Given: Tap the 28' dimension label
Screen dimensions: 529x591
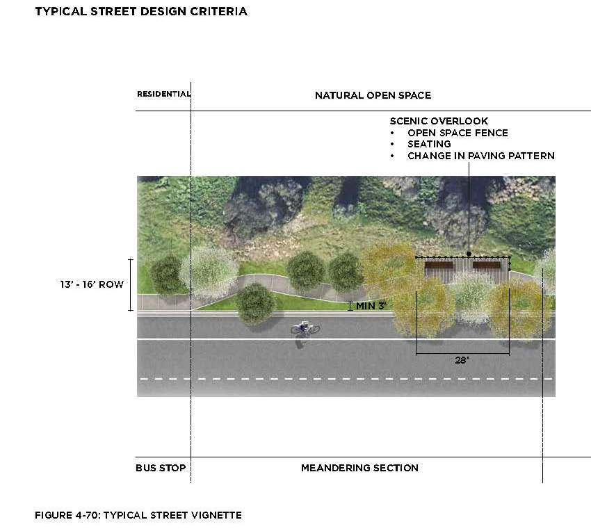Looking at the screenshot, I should (x=462, y=361).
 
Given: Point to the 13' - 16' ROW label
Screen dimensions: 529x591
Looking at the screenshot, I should (x=91, y=284).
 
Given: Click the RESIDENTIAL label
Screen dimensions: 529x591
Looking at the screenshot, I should (x=163, y=94).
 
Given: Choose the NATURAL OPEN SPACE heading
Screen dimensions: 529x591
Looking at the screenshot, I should (x=373, y=95).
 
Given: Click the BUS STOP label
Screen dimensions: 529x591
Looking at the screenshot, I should (x=161, y=468).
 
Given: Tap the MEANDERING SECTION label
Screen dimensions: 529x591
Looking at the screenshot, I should (x=359, y=468).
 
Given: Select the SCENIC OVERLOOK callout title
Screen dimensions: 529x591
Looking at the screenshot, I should (x=439, y=121).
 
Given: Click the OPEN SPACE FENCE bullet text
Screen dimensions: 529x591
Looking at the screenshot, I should (x=458, y=133).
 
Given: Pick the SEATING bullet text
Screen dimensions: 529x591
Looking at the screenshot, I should (x=429, y=144).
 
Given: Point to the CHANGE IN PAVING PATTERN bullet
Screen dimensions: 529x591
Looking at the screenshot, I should (x=480, y=156).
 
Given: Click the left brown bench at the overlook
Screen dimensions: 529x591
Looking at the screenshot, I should (x=438, y=265).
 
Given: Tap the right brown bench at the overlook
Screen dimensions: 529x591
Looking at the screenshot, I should (x=487, y=265).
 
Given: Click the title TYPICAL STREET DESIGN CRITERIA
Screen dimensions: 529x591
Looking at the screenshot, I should (x=141, y=12).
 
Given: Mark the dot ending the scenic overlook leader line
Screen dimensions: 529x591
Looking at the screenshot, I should (x=469, y=254).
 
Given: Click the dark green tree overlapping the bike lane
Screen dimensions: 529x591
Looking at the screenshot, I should (x=255, y=302).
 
